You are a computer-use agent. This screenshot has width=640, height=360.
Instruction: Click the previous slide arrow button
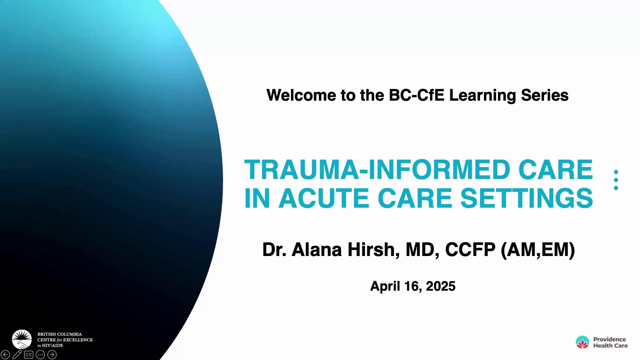[5, 355]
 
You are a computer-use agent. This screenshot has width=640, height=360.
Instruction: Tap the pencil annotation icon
[17, 355]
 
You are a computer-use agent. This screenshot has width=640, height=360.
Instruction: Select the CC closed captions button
[29, 355]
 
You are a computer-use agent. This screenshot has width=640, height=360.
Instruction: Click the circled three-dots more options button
[40, 355]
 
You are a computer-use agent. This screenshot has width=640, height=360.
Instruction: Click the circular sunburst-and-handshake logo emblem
[22, 339]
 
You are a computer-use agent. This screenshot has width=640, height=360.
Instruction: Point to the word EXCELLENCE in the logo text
[78, 340]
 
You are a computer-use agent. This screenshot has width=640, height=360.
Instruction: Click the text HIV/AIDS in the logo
[52, 345]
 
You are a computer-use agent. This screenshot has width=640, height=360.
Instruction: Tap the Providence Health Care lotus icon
[582, 342]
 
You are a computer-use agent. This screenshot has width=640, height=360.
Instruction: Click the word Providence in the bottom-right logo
[609, 339]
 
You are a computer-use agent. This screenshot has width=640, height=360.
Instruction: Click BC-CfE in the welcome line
[417, 95]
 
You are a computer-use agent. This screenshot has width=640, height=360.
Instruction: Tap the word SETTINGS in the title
[527, 198]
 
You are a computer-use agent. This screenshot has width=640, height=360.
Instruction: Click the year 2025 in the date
[441, 286]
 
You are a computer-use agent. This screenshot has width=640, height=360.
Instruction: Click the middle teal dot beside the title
[616, 180]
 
